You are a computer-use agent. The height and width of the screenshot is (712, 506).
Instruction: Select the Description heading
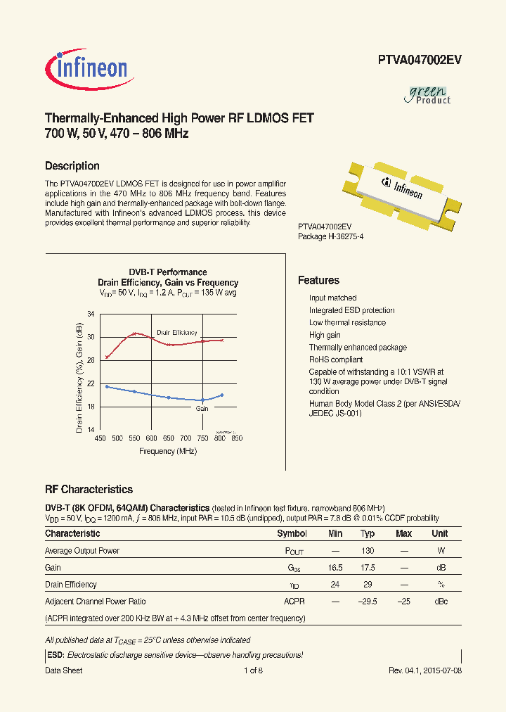[x=72, y=166]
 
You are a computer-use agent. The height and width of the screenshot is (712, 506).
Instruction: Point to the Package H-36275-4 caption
[x=330, y=237]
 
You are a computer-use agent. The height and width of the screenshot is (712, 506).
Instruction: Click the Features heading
[x=318, y=281]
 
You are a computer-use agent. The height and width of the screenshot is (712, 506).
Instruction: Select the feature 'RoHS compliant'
[x=336, y=360]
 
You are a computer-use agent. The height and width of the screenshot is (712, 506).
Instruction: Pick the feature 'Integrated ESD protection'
[x=351, y=310]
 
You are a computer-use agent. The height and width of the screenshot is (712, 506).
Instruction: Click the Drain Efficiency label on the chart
[x=176, y=332]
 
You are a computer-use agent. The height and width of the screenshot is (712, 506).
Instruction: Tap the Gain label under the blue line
[x=202, y=408]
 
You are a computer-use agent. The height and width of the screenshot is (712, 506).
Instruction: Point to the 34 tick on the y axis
[x=91, y=314]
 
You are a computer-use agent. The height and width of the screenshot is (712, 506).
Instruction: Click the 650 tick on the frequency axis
[x=169, y=438]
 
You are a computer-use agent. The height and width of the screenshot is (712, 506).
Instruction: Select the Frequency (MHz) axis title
[x=168, y=451]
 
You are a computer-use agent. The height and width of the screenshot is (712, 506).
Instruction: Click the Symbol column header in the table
[x=292, y=534]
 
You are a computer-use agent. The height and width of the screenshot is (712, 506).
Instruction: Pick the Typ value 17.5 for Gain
[x=368, y=568]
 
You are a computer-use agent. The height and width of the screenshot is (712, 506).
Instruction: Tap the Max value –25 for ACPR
[x=403, y=602]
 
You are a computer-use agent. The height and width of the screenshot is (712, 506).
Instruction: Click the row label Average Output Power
[x=82, y=551]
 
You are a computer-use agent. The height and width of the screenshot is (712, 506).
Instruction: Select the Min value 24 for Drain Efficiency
[x=335, y=585]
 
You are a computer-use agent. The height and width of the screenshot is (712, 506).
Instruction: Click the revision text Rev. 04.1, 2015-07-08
[x=425, y=670]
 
